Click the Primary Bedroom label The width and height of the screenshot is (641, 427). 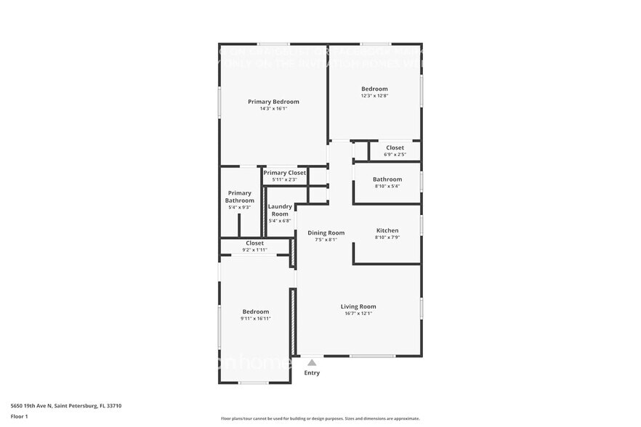[x=273, y=102]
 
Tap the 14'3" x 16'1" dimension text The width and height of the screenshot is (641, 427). [x=273, y=109]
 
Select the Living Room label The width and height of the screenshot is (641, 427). [x=358, y=306]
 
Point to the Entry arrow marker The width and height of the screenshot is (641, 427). [x=312, y=362]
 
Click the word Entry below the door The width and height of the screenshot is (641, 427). [x=312, y=373]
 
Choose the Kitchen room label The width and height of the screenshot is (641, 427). [x=387, y=230]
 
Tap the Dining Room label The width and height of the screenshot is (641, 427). [x=326, y=232]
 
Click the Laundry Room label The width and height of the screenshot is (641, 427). [x=280, y=210]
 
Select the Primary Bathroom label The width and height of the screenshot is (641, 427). [x=239, y=197]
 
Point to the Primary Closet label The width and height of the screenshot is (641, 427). [x=284, y=173]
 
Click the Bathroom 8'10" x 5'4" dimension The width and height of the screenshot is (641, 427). [x=387, y=187]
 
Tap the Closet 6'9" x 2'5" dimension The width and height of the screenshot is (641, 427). [x=395, y=155]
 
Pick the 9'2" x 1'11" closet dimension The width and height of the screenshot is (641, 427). [x=254, y=250]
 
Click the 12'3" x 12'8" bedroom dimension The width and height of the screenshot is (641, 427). [x=374, y=96]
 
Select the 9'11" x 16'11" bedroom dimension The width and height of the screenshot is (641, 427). [x=255, y=319]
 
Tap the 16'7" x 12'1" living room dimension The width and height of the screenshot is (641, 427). [x=358, y=314]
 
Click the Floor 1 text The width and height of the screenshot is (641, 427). [x=19, y=416]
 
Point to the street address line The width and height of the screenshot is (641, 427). [x=65, y=406]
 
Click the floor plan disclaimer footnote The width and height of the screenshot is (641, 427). [x=320, y=418]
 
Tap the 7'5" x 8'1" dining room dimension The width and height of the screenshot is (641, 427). [x=326, y=240]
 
